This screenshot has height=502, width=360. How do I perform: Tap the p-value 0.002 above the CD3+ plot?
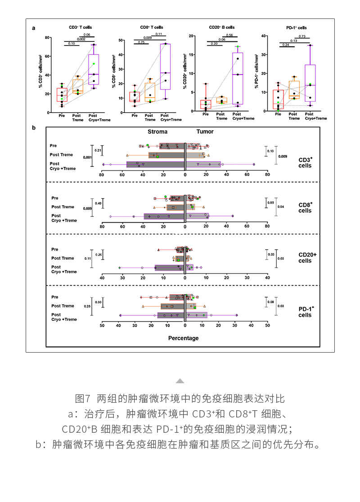[x=81, y=39]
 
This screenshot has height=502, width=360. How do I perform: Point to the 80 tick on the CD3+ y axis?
[x=46, y=37]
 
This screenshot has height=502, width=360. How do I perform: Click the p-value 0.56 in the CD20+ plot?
[x=229, y=35]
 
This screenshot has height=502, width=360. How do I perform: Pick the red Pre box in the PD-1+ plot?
[x=278, y=99]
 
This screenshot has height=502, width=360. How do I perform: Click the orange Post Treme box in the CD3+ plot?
[x=78, y=86]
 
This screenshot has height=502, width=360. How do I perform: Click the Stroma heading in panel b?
[x=157, y=132]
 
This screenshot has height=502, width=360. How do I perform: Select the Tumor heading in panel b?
[x=205, y=132]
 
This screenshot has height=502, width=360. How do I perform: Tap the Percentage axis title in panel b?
[x=183, y=338]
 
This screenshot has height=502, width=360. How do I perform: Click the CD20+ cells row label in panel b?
[x=308, y=258]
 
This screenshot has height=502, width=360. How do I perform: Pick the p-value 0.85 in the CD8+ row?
[x=270, y=203]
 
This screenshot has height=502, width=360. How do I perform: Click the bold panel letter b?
[x=34, y=128]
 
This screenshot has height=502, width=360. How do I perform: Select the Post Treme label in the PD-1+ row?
[x=63, y=306]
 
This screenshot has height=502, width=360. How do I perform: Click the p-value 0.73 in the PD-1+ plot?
[x=302, y=36]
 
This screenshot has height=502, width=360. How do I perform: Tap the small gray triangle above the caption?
[x=180, y=381]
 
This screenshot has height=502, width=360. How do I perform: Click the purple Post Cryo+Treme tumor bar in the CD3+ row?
[x=203, y=165]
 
